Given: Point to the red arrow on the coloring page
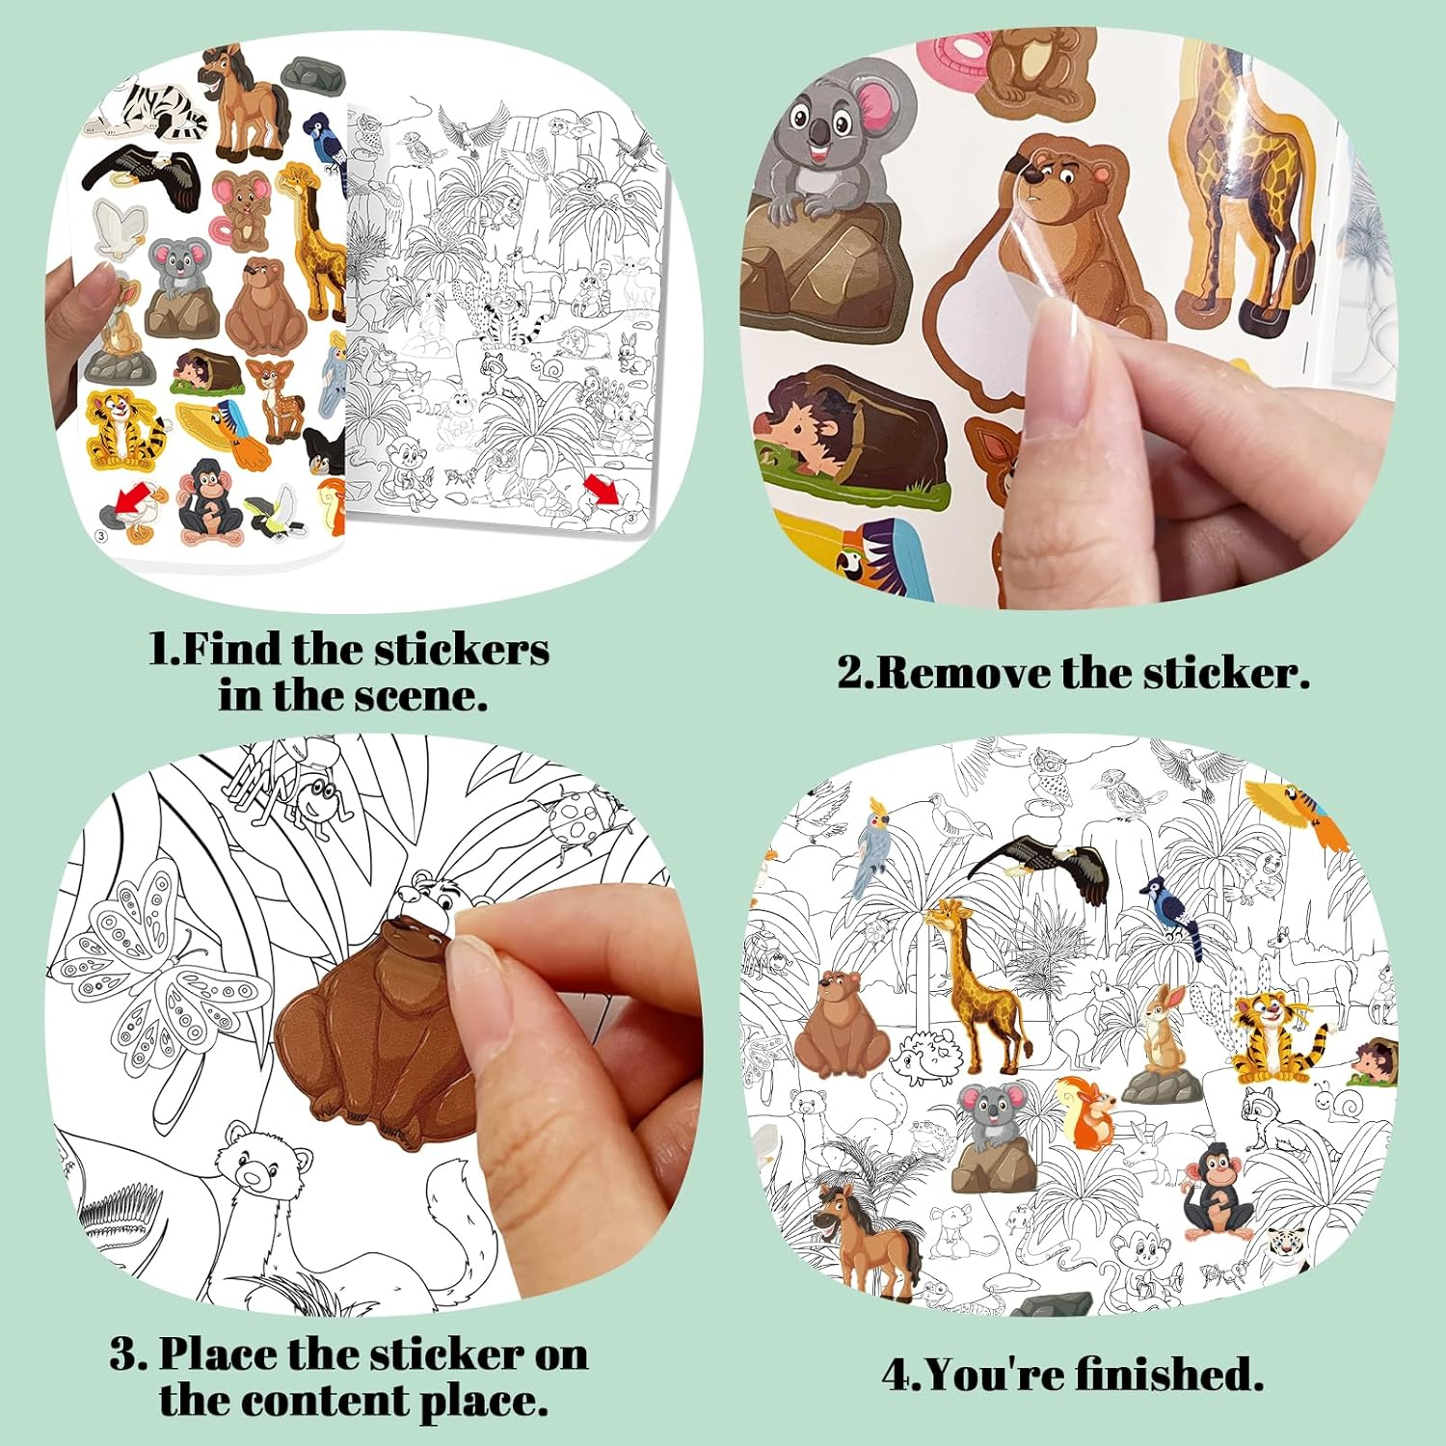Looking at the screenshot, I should coord(604,490).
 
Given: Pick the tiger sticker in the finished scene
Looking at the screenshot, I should coord(1274,1036).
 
